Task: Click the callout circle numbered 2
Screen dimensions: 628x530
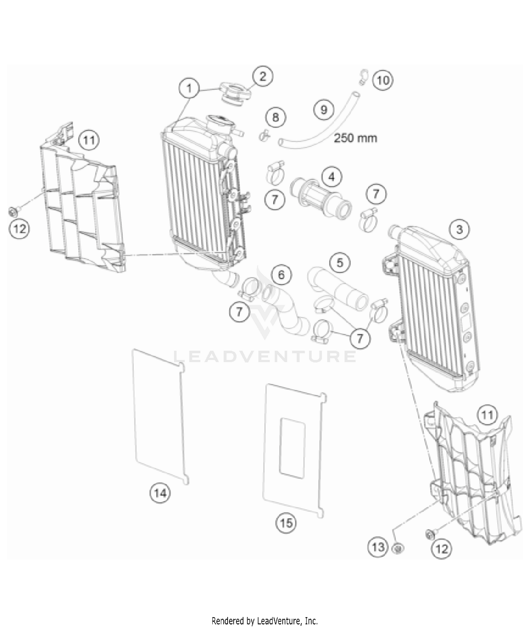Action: point(263,76)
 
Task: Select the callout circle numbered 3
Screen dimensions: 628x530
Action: point(459,229)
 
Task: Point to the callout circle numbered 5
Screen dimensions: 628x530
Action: point(340,263)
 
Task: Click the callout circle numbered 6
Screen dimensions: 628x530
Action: point(281,275)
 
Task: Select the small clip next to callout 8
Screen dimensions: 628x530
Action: point(264,135)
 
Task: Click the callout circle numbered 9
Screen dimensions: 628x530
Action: point(324,109)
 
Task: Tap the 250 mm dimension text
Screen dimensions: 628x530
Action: point(355,138)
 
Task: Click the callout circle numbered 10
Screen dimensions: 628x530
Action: point(383,80)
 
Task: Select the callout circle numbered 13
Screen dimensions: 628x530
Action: point(378,547)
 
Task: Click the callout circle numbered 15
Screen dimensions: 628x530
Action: point(286,523)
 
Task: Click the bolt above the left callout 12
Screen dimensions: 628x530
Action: point(13,212)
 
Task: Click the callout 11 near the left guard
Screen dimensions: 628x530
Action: point(89,140)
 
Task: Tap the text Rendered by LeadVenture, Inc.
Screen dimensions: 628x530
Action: point(265,621)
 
